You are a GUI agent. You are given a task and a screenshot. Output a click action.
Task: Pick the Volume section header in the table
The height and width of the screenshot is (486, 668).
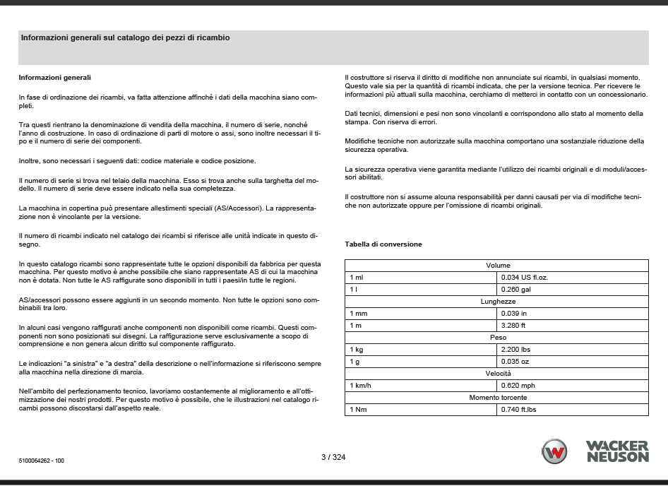point(497,266)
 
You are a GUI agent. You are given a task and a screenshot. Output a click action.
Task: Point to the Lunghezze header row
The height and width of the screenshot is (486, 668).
point(497,302)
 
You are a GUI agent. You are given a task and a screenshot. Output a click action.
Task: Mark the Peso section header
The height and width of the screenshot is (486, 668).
point(497,338)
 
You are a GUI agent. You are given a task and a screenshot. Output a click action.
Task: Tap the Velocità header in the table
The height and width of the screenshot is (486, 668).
point(497,374)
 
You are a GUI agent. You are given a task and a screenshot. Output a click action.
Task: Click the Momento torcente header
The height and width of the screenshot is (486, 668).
point(497,398)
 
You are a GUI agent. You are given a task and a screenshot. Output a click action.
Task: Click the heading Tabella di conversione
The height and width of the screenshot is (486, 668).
point(383,244)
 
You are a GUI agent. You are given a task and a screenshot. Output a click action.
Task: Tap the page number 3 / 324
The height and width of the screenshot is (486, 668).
point(333,457)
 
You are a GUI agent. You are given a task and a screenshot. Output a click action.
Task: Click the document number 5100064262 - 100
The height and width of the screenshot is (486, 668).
point(42,460)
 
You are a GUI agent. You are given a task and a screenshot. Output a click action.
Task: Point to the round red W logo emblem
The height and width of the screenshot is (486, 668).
point(554,451)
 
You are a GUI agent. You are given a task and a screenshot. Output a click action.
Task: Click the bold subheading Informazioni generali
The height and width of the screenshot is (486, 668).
point(54,77)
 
